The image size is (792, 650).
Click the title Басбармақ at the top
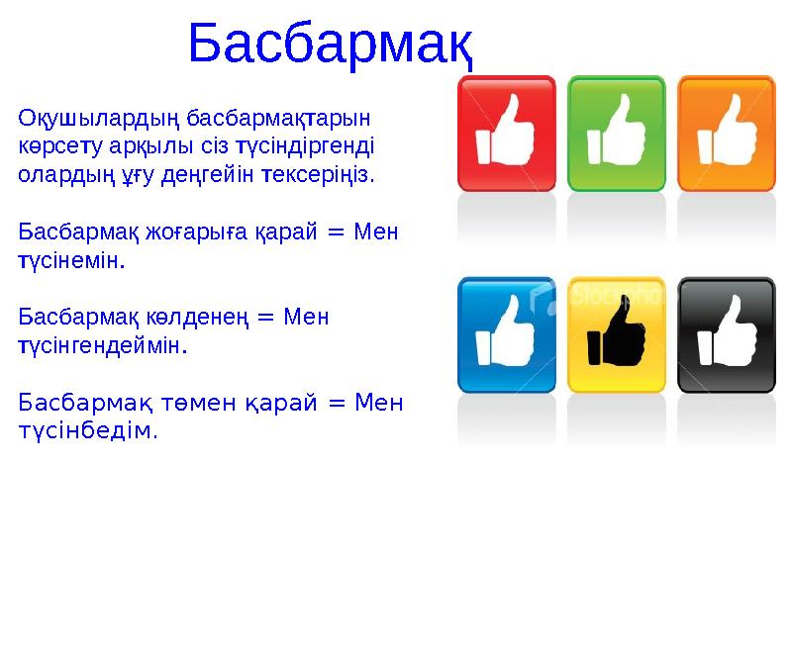click(x=330, y=44)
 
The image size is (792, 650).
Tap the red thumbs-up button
click(x=506, y=133)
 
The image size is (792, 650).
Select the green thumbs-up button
click(x=616, y=133)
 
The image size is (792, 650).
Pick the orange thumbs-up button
click(x=726, y=133)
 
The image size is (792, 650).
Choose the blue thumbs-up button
click(x=506, y=334)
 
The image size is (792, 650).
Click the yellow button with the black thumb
click(x=616, y=334)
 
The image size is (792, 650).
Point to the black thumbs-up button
click(x=726, y=334)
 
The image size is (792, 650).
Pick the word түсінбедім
click(x=87, y=431)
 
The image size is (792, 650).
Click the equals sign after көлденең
click(x=264, y=318)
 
